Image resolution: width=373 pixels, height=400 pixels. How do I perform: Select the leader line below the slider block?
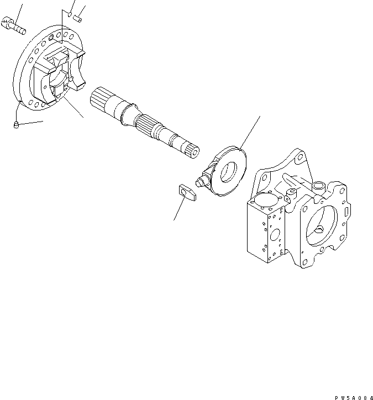pyautogui.click(x=179, y=209)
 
